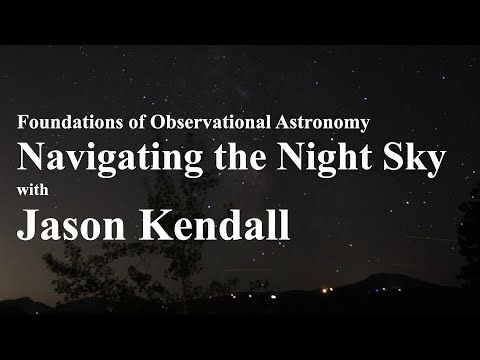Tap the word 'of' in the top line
point(127,123)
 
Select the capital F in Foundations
point(23,123)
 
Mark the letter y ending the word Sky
point(433,161)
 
